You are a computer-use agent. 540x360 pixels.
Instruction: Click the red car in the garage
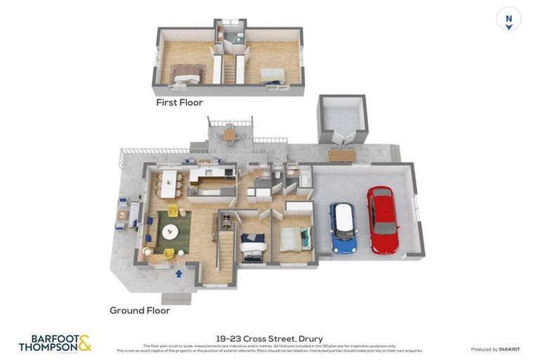point(382,219)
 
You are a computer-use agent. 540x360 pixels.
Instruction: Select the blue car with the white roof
point(343,227)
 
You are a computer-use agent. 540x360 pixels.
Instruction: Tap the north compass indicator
point(508,19)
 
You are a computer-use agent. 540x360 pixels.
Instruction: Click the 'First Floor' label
point(179,103)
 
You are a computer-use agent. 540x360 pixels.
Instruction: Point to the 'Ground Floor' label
point(140,310)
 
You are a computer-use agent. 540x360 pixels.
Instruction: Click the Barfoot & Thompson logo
point(55,343)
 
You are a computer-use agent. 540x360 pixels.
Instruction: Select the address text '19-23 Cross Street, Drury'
point(270,338)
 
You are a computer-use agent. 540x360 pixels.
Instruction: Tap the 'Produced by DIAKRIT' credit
point(494,349)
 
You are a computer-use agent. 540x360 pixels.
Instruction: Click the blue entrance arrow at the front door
point(179,274)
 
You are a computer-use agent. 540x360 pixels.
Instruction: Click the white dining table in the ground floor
point(169,184)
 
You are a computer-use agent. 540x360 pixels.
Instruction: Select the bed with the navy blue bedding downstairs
point(252,246)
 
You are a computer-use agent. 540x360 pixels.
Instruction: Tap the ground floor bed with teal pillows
point(295,239)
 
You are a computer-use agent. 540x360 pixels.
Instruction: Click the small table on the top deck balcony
point(229,134)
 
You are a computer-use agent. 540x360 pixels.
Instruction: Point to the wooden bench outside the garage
point(342,155)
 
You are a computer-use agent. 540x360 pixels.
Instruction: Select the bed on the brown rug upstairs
point(186,74)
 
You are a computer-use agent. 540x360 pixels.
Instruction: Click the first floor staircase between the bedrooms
point(229,69)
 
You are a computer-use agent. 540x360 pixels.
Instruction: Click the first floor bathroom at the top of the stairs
point(230,34)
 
